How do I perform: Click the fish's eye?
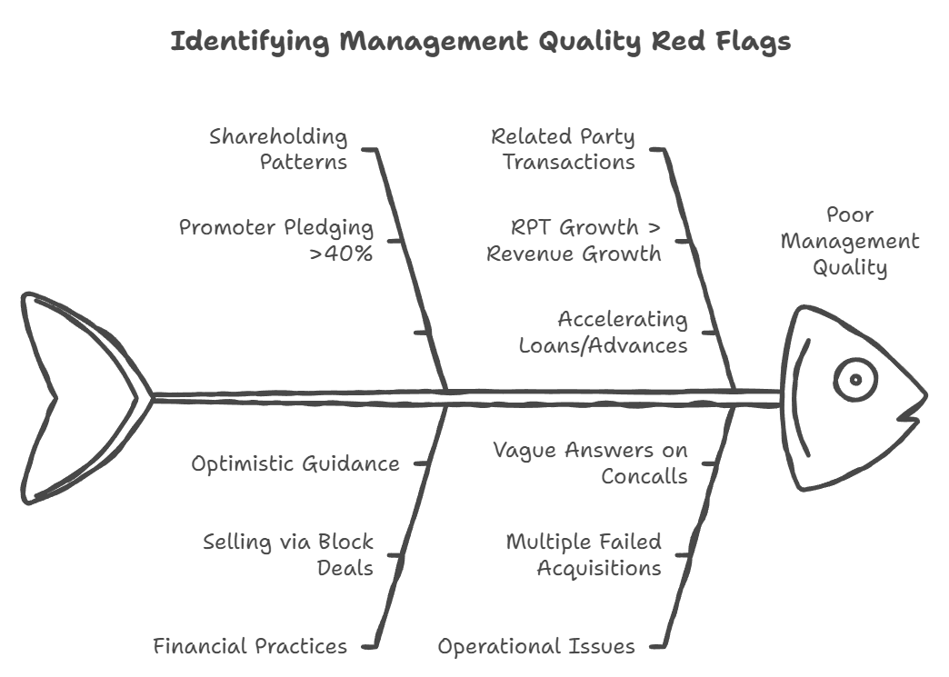tap(855, 380)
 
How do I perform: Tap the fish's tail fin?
tap(77, 398)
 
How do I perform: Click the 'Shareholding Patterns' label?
tap(278, 149)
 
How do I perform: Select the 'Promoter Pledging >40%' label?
tap(275, 240)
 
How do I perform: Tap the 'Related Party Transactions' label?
tap(564, 149)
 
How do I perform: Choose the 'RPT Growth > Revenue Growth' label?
tap(574, 240)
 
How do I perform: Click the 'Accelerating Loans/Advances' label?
tap(604, 332)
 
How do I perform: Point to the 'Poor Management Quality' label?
tap(850, 241)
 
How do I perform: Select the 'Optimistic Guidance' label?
tap(295, 463)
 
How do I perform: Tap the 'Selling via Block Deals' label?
tap(288, 554)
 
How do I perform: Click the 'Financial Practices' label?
tap(250, 646)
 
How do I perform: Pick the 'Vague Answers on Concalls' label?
tap(590, 463)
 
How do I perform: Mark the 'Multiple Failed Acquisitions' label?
tap(584, 554)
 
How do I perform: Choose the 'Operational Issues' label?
tap(536, 646)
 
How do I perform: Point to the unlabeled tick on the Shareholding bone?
tap(422, 332)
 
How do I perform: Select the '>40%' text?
tap(341, 253)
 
